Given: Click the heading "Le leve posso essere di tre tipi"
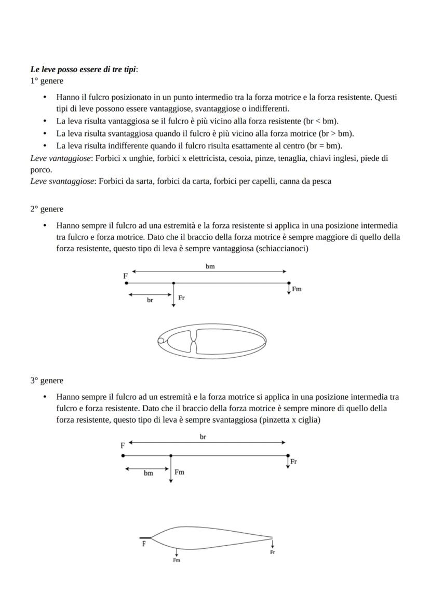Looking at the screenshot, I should pyautogui.click(x=83, y=70).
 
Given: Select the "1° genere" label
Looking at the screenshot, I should pyautogui.click(x=46, y=81).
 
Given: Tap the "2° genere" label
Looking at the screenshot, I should pyautogui.click(x=46, y=209).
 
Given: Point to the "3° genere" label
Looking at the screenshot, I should pyautogui.click(x=46, y=381).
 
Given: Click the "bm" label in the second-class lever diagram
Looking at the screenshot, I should pyautogui.click(x=210, y=266).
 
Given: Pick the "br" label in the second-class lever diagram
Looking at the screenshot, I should pyautogui.click(x=150, y=301).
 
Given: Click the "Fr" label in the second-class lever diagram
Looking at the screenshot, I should pyautogui.click(x=182, y=298).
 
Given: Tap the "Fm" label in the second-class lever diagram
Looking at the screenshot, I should pyautogui.click(x=297, y=289).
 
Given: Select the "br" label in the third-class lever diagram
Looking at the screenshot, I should pyautogui.click(x=203, y=437).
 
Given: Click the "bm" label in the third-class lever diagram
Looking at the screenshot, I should pyautogui.click(x=149, y=473).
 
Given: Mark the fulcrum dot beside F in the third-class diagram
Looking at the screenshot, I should pyautogui.click(x=123, y=455).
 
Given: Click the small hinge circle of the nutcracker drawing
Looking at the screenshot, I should pyautogui.click(x=161, y=341).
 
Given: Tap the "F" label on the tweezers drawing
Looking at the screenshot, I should pyautogui.click(x=144, y=544).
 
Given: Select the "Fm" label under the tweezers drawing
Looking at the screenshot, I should pyautogui.click(x=177, y=560).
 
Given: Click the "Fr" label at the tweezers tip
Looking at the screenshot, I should pyautogui.click(x=272, y=552).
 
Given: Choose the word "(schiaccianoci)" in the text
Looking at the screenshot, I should pyautogui.click(x=285, y=249).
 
